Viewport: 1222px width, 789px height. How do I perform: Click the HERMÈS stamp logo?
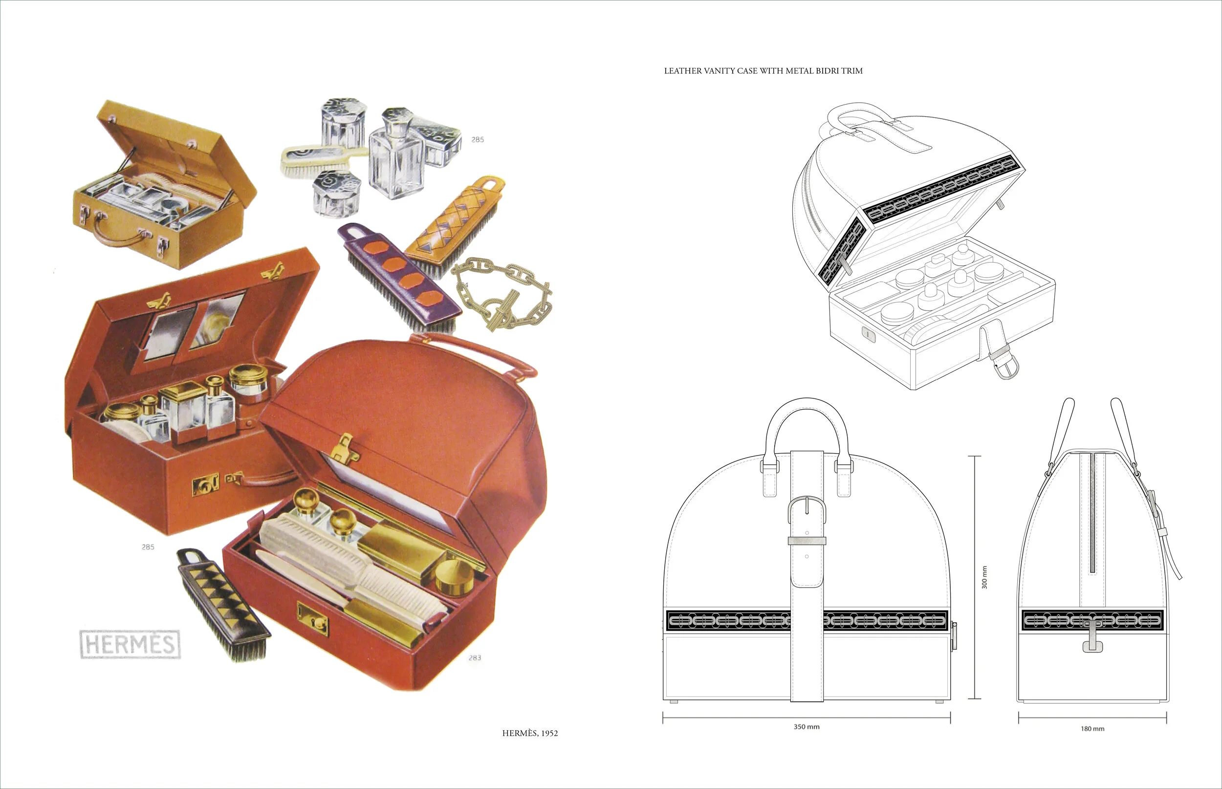(130, 644)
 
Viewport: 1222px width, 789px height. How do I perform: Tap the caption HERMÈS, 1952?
(529, 733)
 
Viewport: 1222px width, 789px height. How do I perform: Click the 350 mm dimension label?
(806, 726)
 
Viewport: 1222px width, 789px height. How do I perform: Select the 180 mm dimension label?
(1092, 728)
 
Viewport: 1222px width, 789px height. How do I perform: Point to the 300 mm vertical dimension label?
(984, 577)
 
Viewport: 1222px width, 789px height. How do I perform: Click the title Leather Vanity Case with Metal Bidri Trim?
(763, 71)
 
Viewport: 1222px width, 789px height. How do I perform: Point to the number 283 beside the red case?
(474, 657)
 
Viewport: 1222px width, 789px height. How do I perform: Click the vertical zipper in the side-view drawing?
(1092, 512)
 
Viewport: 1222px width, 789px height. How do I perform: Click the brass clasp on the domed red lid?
(343, 448)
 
